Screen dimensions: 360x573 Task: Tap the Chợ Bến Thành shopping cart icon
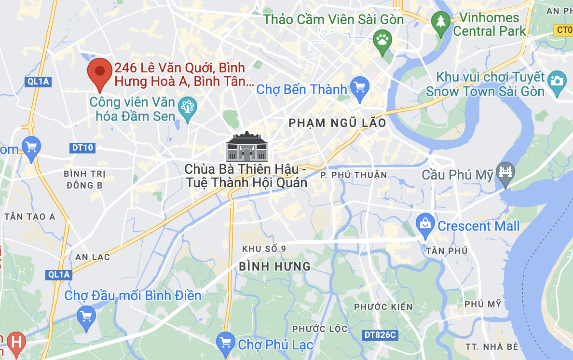coord(359,87)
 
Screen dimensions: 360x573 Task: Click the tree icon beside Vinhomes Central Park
coord(440,22)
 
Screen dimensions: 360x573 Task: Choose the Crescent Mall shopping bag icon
coord(425,223)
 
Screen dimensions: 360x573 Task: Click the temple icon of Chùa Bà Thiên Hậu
coord(246,147)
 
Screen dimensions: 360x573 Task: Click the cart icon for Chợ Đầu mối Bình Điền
coord(86,316)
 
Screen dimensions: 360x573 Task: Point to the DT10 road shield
coord(82,148)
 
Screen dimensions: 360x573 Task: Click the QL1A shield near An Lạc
coord(59,275)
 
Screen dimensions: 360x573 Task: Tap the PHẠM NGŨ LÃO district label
coord(337,123)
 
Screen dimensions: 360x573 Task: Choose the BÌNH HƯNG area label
coord(274,266)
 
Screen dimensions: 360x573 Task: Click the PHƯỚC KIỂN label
coord(383,307)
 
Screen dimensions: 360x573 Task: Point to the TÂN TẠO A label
coord(30,217)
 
